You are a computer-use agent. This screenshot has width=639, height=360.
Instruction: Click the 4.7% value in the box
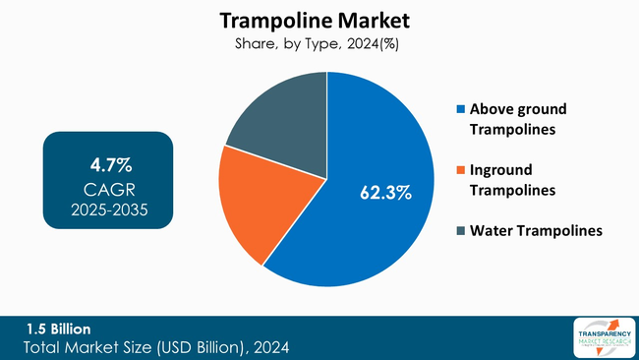[107, 162]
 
